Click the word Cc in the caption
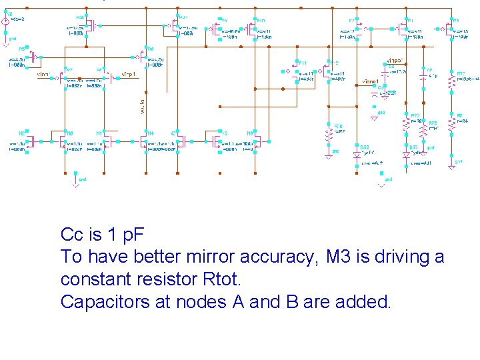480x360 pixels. pos(71,235)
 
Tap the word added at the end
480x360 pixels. pos(366,301)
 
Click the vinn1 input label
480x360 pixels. pos(44,75)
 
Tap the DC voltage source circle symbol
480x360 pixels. pos(5,30)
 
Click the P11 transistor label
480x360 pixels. pos(302,62)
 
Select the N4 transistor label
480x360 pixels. pos(151,133)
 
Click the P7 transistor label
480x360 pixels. pos(69,69)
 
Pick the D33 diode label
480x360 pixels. pos(364,147)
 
